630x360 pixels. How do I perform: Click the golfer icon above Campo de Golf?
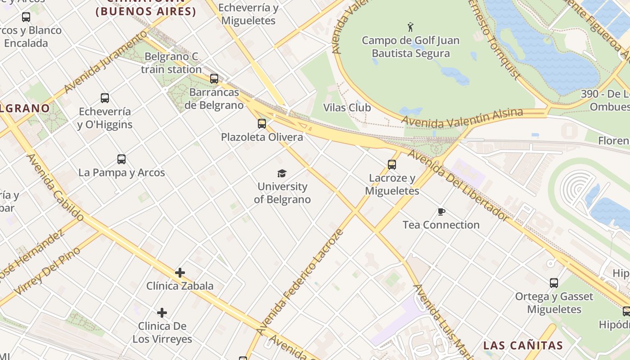[x=410, y=27]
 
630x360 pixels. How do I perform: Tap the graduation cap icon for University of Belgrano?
[x=282, y=173]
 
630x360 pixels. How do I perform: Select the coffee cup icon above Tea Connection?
[x=441, y=211]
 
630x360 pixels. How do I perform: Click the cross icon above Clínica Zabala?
[x=180, y=272]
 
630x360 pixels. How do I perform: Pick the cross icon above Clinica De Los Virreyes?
[x=162, y=312]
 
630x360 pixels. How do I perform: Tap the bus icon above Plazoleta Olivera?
[x=262, y=123]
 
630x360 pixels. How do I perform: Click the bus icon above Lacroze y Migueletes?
[x=392, y=165]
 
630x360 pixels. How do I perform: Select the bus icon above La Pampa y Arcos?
[x=121, y=159]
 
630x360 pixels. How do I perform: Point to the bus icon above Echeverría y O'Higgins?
[x=105, y=98]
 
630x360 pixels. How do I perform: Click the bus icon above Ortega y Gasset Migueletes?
[x=554, y=283]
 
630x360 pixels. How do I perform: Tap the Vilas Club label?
[x=347, y=108]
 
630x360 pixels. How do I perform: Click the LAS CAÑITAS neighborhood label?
[x=523, y=346]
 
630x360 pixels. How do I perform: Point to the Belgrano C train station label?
[x=171, y=63]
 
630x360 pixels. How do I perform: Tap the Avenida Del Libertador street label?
[x=458, y=184]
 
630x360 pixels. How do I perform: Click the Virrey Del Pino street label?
[x=47, y=270]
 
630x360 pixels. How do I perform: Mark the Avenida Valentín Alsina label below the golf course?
[x=463, y=117]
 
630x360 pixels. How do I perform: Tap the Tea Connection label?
[x=441, y=225]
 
